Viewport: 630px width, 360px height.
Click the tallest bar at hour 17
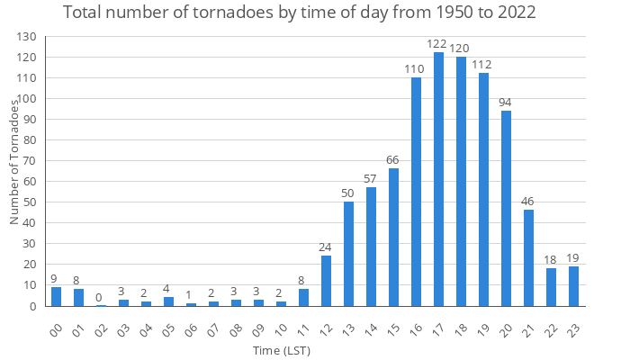(x=439, y=179)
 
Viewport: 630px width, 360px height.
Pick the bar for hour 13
(x=349, y=254)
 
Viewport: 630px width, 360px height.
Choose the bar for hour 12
(x=327, y=281)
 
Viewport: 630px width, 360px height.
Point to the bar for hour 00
(x=57, y=297)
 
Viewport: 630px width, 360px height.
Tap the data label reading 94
(x=507, y=102)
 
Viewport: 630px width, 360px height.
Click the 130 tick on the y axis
(x=29, y=37)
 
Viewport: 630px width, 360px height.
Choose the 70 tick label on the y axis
(x=32, y=161)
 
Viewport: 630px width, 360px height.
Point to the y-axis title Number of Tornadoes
(x=14, y=163)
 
